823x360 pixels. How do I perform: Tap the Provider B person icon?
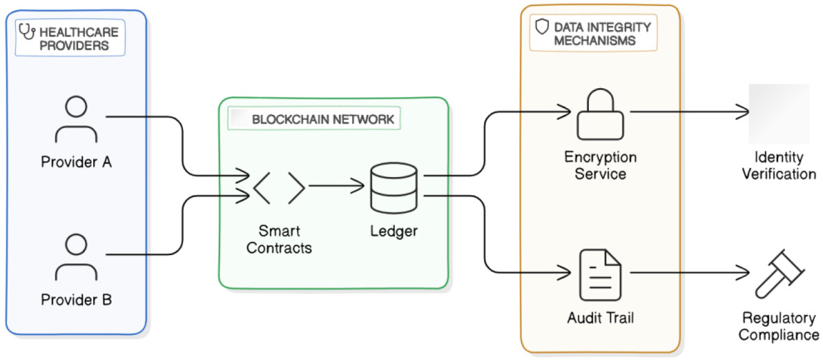tap(77, 257)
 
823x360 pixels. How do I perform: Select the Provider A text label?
tap(77, 163)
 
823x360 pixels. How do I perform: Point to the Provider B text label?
tap(77, 300)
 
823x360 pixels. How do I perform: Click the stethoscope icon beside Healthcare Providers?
tap(27, 32)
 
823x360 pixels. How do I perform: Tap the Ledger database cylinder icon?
tap(393, 187)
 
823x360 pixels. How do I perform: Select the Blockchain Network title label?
tap(322, 119)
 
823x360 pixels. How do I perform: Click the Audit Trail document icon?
tap(600, 275)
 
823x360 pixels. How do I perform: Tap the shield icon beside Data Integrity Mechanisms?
tap(542, 27)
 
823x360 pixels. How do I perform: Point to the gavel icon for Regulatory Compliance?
tap(779, 273)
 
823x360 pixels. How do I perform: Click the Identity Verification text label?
tap(779, 165)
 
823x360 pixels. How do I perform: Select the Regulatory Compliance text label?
tap(779, 327)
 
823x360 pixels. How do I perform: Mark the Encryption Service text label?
tap(600, 165)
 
